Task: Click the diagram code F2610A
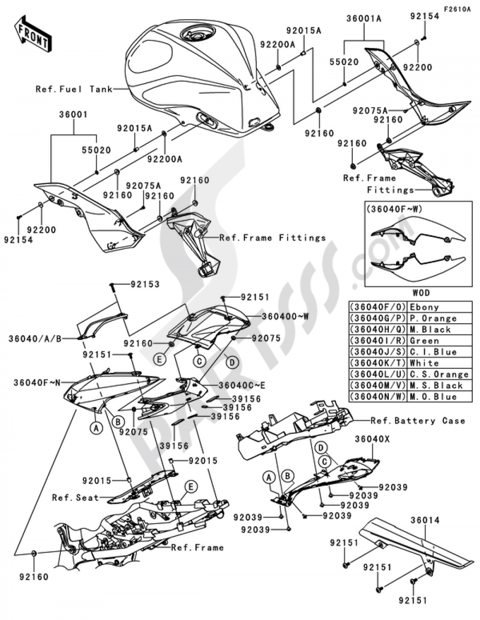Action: coord(456,9)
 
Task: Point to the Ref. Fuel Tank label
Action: coord(74,89)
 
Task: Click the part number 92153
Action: coord(145,284)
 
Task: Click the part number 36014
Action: coord(425,520)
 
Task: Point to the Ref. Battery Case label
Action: coord(418,421)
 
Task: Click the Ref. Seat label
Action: coord(75,498)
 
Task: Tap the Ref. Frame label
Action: coord(197,547)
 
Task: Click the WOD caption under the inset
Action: coord(421,292)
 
